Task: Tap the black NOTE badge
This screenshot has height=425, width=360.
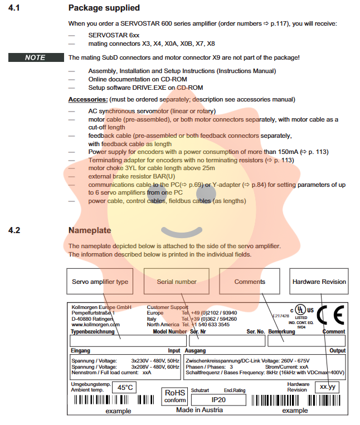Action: pos(35,57)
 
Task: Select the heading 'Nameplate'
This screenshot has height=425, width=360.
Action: pos(89,230)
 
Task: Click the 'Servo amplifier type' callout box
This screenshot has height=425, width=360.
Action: pos(100,282)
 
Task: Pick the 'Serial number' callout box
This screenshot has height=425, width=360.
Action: pos(177,282)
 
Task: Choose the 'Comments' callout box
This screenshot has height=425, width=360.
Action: pos(250,282)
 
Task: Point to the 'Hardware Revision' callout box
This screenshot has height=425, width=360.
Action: pos(319,282)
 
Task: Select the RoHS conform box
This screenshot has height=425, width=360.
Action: pos(175,396)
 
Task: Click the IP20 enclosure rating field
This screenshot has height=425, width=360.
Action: pos(218,399)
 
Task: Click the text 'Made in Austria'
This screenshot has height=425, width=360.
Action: pos(200,410)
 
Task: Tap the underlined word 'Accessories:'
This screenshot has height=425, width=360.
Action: pos(87,99)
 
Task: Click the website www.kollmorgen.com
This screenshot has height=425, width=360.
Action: pos(93,324)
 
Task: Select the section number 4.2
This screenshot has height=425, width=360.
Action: pos(14,230)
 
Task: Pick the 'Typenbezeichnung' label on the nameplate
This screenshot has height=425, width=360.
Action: pos(93,331)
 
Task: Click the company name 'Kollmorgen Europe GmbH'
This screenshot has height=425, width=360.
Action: pos(101,307)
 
